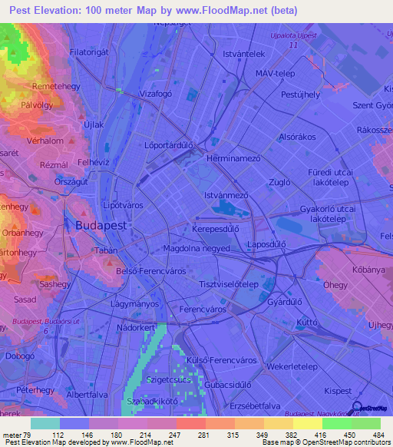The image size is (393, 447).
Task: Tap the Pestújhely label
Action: (301, 94)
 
